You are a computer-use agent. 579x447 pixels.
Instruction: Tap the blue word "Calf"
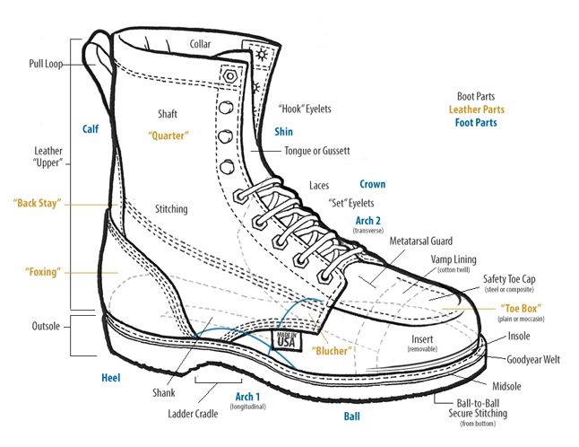(x=90, y=128)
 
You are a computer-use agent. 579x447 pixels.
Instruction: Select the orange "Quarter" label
(x=169, y=136)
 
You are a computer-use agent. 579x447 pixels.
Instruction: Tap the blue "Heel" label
(x=111, y=379)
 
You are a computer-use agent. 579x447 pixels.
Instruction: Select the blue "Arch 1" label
(x=247, y=396)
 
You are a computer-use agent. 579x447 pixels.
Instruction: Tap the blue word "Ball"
(x=352, y=417)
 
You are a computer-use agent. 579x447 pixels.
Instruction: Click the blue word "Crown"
(x=372, y=185)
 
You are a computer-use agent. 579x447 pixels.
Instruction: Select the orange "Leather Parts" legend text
(x=477, y=110)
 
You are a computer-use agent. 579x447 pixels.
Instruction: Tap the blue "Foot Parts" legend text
(x=476, y=123)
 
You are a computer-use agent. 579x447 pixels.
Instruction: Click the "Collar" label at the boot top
(x=201, y=44)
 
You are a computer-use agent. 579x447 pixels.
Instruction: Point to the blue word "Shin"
(x=283, y=131)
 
